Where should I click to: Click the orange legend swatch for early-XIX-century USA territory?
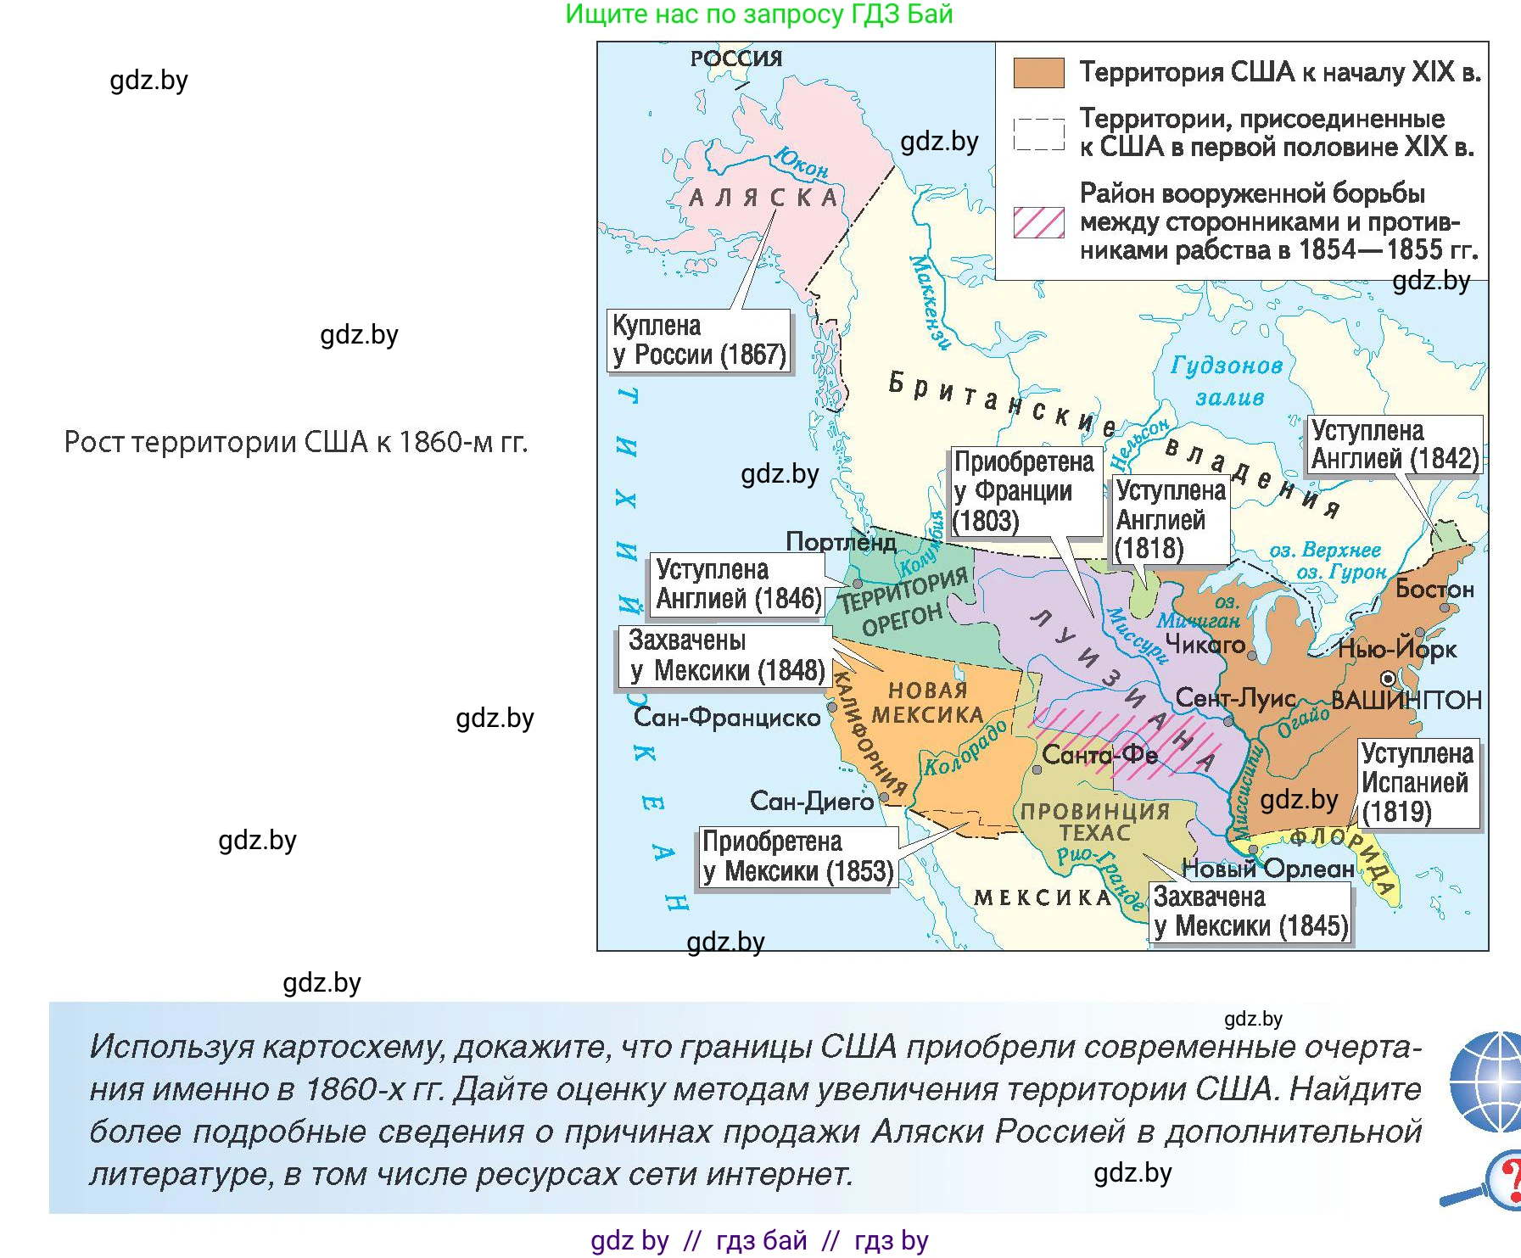tap(1038, 73)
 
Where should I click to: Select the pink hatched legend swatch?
tap(1038, 222)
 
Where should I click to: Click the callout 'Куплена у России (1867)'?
tap(699, 340)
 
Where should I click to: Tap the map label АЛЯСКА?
tap(763, 198)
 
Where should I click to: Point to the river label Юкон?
tap(802, 162)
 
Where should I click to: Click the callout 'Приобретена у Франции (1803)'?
tap(1024, 491)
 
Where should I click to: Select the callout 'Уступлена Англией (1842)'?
tap(1395, 444)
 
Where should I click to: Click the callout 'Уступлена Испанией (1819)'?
tap(1418, 782)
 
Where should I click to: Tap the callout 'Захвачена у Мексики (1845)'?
tap(1250, 912)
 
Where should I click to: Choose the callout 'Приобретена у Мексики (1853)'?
tap(797, 857)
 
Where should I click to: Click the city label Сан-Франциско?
tap(727, 718)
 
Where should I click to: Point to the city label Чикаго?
tap(1205, 646)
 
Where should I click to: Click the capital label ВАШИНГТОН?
tap(1406, 700)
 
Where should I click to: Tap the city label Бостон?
tap(1434, 589)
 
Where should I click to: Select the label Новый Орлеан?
tap(1268, 869)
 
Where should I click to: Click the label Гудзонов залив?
tap(1227, 381)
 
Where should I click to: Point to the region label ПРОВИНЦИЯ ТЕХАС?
tap(1095, 822)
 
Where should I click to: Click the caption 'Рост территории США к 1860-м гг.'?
tap(296, 442)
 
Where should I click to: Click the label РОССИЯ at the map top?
tap(735, 59)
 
